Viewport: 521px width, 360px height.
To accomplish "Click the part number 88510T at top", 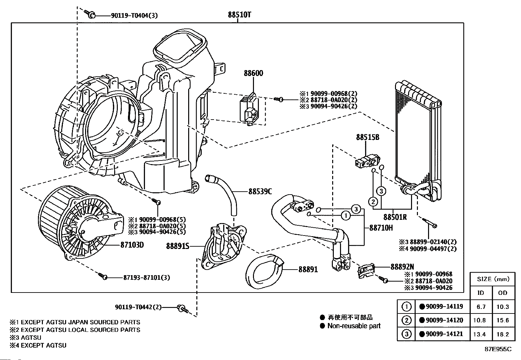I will (240, 15).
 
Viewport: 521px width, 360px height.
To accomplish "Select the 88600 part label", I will (253, 73).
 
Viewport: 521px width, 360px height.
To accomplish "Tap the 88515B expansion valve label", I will (368, 138).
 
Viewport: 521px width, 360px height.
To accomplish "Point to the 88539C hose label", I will (260, 191).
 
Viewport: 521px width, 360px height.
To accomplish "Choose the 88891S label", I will (178, 246).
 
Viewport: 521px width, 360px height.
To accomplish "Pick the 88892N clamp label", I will (402, 267).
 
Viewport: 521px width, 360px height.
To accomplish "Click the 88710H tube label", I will (381, 227).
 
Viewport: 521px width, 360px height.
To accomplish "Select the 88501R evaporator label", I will (395, 217).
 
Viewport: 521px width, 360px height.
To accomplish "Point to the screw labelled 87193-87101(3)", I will (103, 276).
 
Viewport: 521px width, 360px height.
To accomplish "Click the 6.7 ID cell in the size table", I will (481, 307).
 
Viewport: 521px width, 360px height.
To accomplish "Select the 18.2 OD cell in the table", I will (502, 334).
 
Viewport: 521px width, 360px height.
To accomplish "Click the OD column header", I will (502, 293).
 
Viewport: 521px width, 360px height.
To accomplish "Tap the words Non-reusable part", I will (354, 326).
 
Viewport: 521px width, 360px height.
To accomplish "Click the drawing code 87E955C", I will (498, 349).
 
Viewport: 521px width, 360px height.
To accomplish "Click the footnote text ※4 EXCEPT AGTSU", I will (38, 345).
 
